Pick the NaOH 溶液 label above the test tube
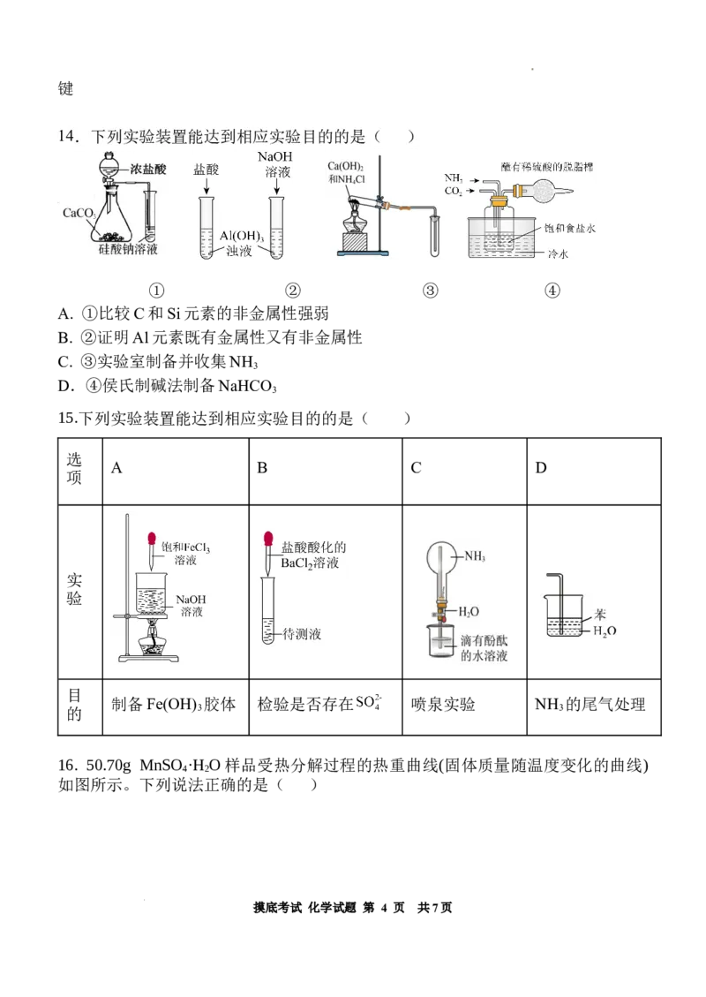pos(275,164)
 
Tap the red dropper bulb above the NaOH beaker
pos(152,539)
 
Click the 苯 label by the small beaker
pos(600,616)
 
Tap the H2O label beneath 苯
pos(605,631)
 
